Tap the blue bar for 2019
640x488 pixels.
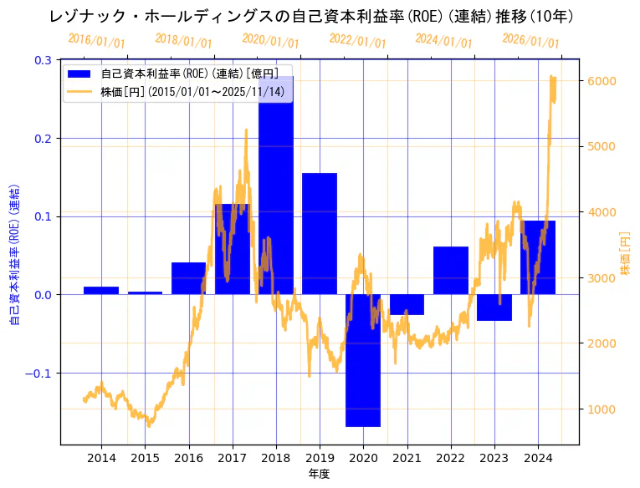(x=320, y=234)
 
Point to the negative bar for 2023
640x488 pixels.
(x=494, y=308)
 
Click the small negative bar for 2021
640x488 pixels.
(x=407, y=304)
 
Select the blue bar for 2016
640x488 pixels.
(x=188, y=278)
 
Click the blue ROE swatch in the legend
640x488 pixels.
(x=80, y=74)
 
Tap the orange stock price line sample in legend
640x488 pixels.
(x=80, y=91)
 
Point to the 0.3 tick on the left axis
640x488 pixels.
(x=43, y=60)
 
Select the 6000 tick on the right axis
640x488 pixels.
(x=602, y=81)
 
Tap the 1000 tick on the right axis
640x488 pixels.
(x=602, y=409)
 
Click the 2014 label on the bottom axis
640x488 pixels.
(x=101, y=458)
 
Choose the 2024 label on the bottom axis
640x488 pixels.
(x=538, y=458)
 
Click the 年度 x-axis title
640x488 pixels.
(x=319, y=474)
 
